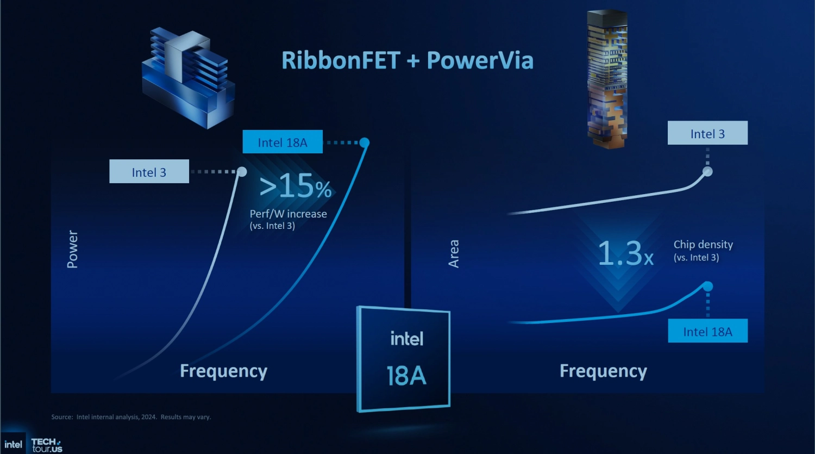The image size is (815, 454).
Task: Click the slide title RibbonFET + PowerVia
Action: pos(407,60)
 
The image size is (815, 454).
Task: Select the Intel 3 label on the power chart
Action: pos(149,172)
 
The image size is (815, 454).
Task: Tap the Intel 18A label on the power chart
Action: pos(283,142)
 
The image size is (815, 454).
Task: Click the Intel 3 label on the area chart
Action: pos(707,133)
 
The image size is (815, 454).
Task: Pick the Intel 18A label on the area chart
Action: pos(707,331)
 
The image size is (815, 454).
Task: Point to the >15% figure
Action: pos(296,187)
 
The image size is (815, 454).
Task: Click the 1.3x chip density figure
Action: pos(625,253)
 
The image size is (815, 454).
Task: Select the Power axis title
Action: pos(72,249)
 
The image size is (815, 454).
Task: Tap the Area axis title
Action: pos(454,253)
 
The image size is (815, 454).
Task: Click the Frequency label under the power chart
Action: pos(223,371)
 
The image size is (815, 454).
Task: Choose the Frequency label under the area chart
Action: pos(603,371)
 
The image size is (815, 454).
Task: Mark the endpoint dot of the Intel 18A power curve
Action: pos(365,142)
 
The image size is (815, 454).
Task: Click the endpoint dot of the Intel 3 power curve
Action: pos(242,172)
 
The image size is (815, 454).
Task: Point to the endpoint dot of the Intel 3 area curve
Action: pos(707,172)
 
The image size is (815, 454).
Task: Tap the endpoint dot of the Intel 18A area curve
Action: pos(707,286)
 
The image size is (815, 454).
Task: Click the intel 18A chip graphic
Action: pos(404,358)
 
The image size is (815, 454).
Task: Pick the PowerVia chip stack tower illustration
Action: pos(607,79)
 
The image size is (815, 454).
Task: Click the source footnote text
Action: pos(131,417)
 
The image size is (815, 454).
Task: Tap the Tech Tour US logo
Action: pos(47,445)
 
